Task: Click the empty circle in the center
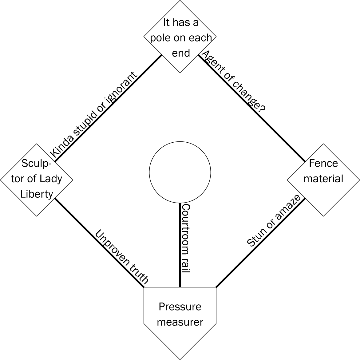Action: pyautogui.click(x=180, y=172)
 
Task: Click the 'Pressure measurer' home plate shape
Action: pyautogui.click(x=180, y=317)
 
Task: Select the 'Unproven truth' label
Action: pyautogui.click(x=122, y=257)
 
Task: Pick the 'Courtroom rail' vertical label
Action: pyautogui.click(x=186, y=238)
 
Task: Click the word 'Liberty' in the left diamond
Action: pyautogui.click(x=37, y=194)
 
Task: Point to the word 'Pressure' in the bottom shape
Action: pyautogui.click(x=180, y=307)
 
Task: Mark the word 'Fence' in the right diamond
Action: pyautogui.click(x=323, y=163)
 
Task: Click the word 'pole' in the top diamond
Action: pyautogui.click(x=160, y=38)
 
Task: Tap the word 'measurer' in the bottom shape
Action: pyautogui.click(x=180, y=322)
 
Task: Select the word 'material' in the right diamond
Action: pyautogui.click(x=323, y=179)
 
